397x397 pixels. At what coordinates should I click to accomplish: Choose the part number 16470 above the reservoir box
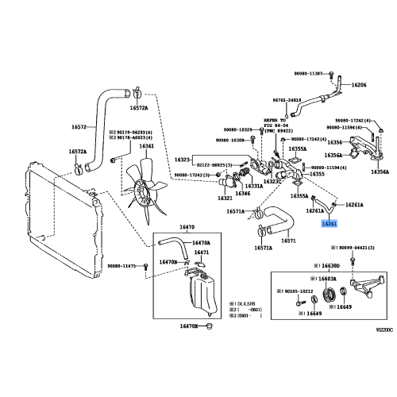click(188, 227)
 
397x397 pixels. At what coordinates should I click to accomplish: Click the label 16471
click(202, 252)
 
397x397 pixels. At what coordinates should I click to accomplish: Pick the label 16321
click(225, 198)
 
